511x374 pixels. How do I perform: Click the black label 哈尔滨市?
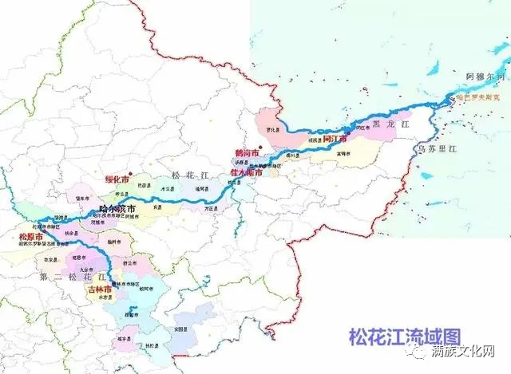coord(114,207)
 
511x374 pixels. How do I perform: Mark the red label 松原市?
coord(29,237)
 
